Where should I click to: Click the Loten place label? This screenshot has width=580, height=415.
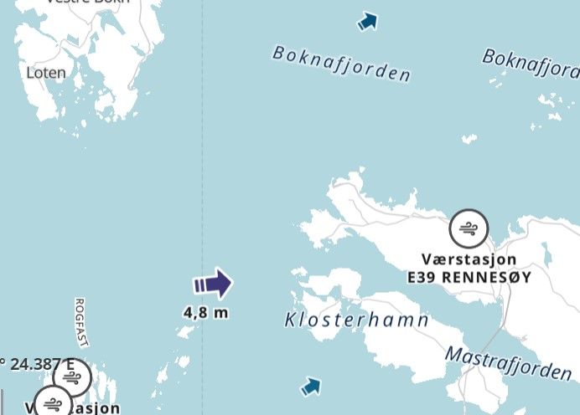46,73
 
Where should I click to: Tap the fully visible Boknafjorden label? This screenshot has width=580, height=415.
341,64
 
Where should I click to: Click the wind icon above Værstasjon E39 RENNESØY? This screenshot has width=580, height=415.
469,228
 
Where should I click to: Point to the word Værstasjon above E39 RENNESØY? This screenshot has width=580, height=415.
469,260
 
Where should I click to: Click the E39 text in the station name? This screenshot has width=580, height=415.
422,277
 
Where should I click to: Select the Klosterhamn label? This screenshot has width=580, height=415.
357,320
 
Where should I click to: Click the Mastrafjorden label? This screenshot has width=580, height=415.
508,361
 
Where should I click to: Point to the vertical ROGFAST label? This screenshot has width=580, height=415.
80,322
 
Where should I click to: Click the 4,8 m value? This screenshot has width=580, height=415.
206,313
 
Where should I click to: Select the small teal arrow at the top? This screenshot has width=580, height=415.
366,22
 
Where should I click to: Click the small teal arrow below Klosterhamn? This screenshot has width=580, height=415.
311,387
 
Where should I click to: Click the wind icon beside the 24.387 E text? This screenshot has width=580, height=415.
72,378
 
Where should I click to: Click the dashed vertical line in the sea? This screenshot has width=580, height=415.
202,167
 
